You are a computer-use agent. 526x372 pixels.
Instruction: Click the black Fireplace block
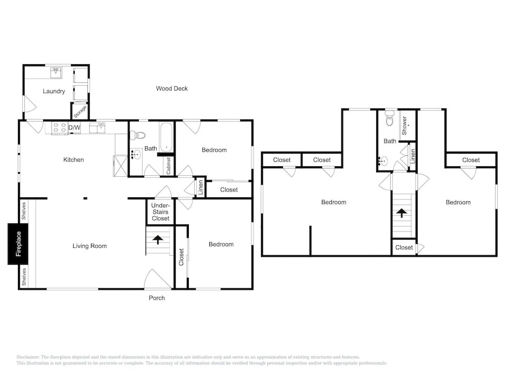tap(18, 244)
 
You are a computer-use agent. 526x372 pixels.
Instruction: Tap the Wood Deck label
tap(172, 88)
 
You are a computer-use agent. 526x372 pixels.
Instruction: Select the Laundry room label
tap(54, 91)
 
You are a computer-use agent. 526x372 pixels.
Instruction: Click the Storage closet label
tap(80, 112)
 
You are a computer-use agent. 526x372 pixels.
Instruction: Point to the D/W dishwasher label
tap(75, 127)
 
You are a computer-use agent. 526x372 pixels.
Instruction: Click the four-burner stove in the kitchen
tap(60, 128)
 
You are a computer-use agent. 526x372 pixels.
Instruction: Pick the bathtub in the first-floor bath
tap(166, 137)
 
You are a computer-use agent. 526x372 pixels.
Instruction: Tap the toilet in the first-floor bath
tap(137, 135)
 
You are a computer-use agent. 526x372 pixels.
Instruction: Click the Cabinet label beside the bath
tap(168, 166)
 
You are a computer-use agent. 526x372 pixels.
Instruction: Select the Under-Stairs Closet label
tap(160, 212)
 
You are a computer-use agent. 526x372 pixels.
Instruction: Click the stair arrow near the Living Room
tap(157, 239)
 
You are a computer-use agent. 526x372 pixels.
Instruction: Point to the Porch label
tap(157, 298)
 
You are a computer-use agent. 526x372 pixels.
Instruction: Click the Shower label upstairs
tap(404, 126)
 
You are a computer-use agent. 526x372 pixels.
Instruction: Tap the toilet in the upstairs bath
tap(389, 118)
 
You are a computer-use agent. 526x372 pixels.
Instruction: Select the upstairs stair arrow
tap(401, 213)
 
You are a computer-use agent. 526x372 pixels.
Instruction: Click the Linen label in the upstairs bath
tap(412, 156)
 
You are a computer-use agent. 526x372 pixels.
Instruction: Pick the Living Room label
tap(89, 246)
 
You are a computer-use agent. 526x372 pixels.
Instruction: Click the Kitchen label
tap(74, 159)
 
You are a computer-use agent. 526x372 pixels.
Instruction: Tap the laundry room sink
tap(56, 73)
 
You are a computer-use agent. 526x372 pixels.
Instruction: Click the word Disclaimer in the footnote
tap(28, 357)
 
